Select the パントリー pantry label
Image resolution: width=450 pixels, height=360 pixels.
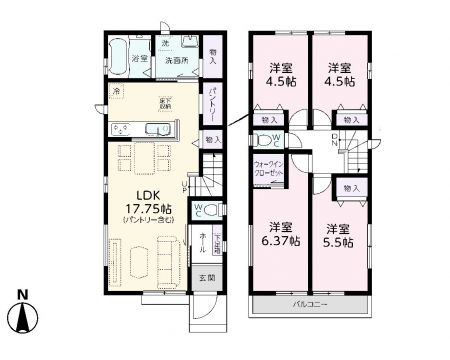pyautogui.click(x=215, y=101)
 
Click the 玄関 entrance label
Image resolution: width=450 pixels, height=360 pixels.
pyautogui.click(x=204, y=278)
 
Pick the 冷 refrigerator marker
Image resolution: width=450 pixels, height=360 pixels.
pyautogui.click(x=115, y=93)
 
